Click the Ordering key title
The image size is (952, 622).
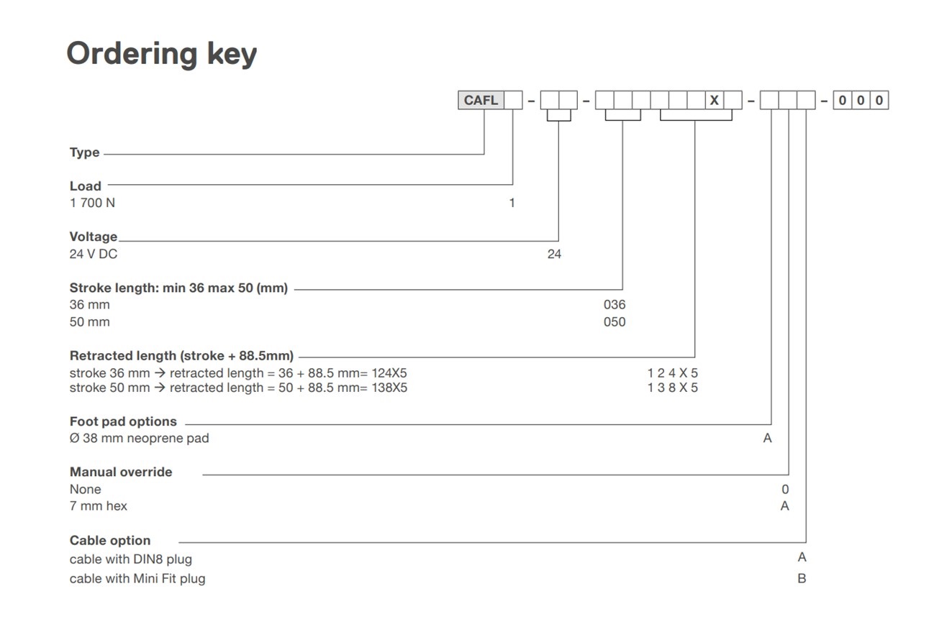161,54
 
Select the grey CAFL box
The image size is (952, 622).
481,100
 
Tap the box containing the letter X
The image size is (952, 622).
714,100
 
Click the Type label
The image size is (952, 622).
84,152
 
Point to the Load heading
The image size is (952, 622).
85,186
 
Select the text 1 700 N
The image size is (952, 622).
92,203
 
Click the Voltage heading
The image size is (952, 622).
93,237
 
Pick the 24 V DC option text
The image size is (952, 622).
93,254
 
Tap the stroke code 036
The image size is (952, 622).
615,305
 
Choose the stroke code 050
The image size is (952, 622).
615,322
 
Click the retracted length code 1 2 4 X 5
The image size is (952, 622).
672,373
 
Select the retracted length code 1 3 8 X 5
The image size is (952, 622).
672,388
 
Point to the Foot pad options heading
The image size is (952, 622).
123,421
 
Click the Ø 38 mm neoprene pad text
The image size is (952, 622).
139,438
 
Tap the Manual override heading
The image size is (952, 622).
121,472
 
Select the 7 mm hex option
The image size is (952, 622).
98,506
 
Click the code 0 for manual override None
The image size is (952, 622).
785,490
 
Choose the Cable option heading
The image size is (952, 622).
110,541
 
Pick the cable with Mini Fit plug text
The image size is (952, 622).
137,578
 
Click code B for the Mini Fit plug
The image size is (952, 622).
802,578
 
